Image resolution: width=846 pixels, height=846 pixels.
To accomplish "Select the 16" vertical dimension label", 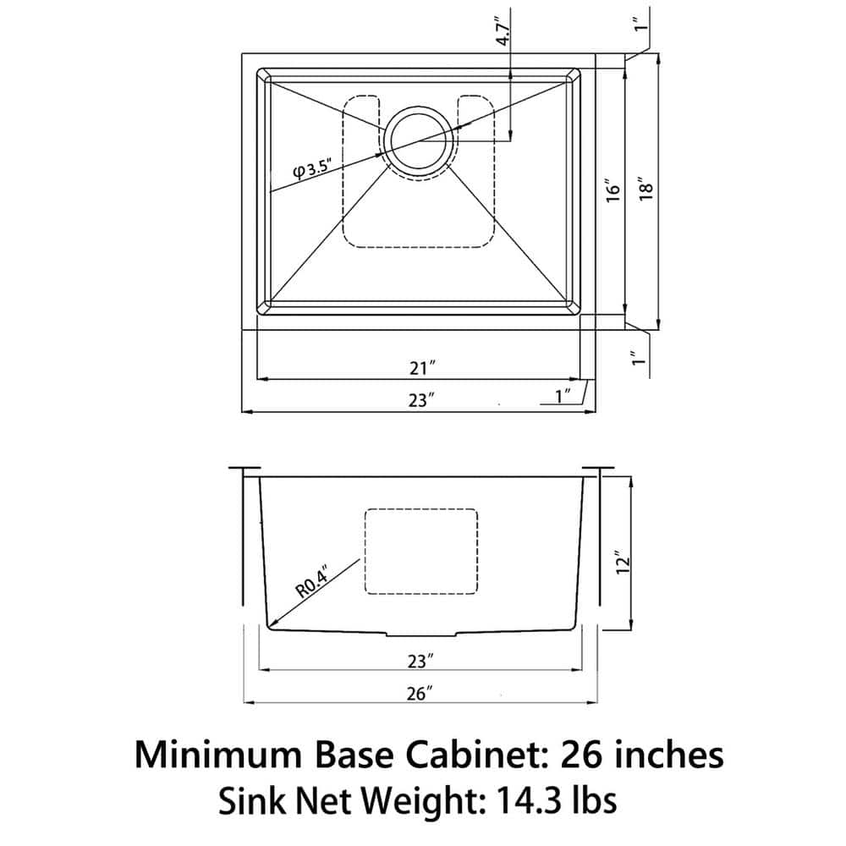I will [615, 189].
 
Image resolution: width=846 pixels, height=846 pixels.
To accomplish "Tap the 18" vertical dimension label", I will [647, 189].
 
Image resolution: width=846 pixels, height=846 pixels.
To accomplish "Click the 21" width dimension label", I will [420, 367].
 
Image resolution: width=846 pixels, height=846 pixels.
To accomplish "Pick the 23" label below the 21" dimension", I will [420, 401].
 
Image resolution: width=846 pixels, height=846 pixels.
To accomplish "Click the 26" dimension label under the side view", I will [420, 694].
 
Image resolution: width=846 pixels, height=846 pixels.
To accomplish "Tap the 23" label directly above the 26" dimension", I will [420, 659].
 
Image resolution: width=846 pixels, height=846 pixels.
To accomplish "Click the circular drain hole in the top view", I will [417, 141].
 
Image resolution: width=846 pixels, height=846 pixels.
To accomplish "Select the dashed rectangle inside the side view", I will [420, 551].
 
